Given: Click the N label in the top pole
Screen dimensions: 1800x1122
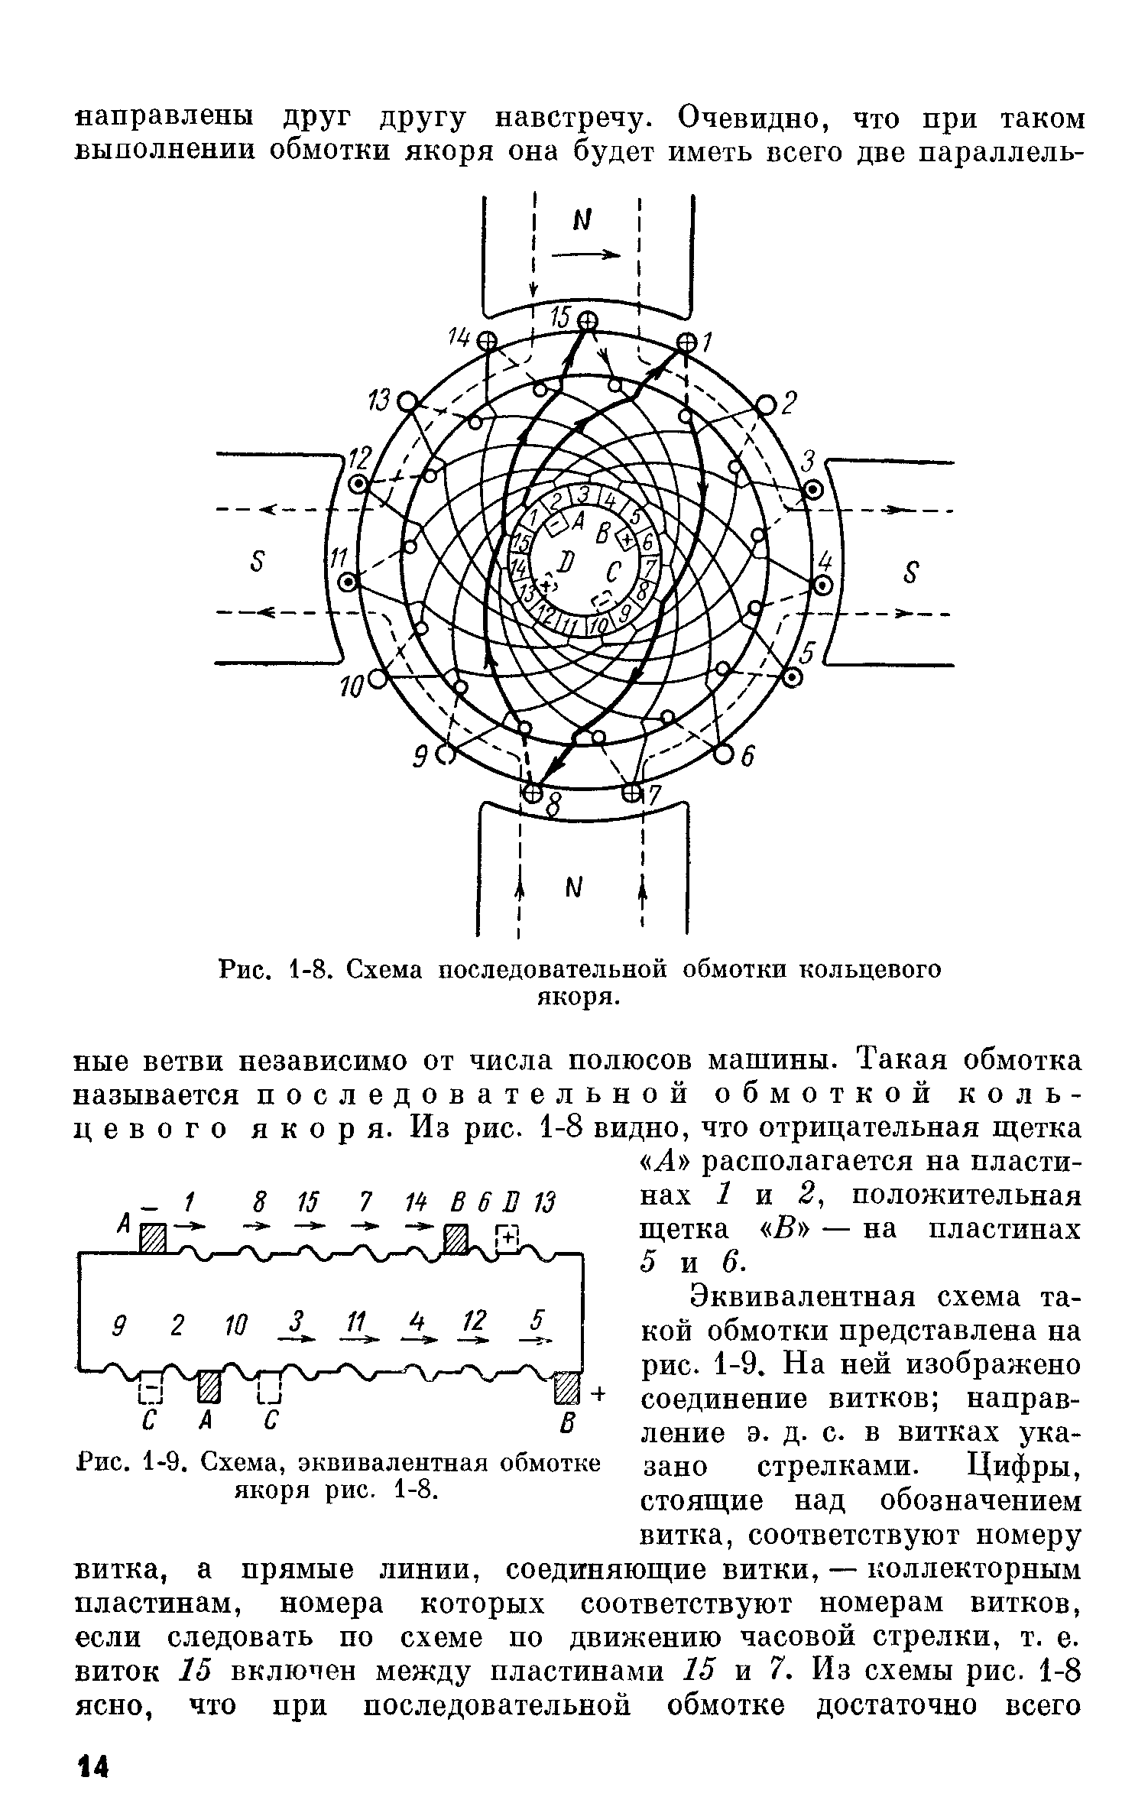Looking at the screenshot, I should [585, 221].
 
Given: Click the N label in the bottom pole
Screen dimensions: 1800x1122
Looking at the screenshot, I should [573, 887].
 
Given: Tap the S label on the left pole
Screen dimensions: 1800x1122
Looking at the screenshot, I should [258, 563].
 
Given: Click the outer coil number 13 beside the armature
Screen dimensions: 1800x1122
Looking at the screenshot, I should [380, 400].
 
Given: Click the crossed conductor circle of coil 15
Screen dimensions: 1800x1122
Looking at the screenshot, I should [587, 322].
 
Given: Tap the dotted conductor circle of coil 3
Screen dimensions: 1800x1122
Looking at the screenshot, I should [812, 489].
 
